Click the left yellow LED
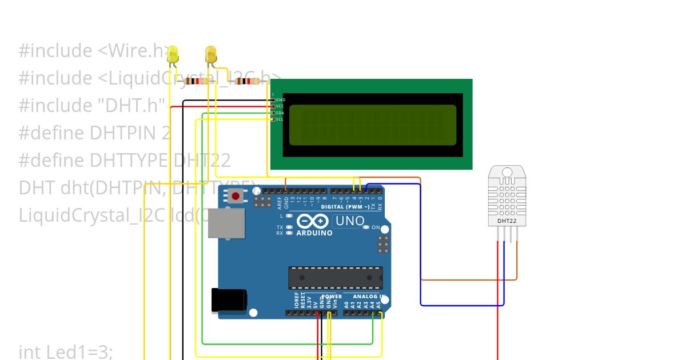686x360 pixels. [173, 55]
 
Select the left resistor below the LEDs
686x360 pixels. [196, 81]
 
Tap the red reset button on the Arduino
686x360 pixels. [235, 196]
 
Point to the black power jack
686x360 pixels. [228, 301]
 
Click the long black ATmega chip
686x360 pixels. [336, 278]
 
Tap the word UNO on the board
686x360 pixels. [349, 221]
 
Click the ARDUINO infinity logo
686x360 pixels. [313, 222]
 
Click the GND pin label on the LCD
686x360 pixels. [280, 100]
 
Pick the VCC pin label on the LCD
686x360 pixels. [280, 106]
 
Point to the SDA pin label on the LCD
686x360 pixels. [280, 113]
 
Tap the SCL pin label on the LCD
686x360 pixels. [280, 119]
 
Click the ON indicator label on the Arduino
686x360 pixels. [376, 227]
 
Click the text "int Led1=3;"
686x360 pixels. [66, 352]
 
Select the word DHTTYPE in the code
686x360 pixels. [129, 160]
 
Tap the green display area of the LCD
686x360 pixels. [372, 125]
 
